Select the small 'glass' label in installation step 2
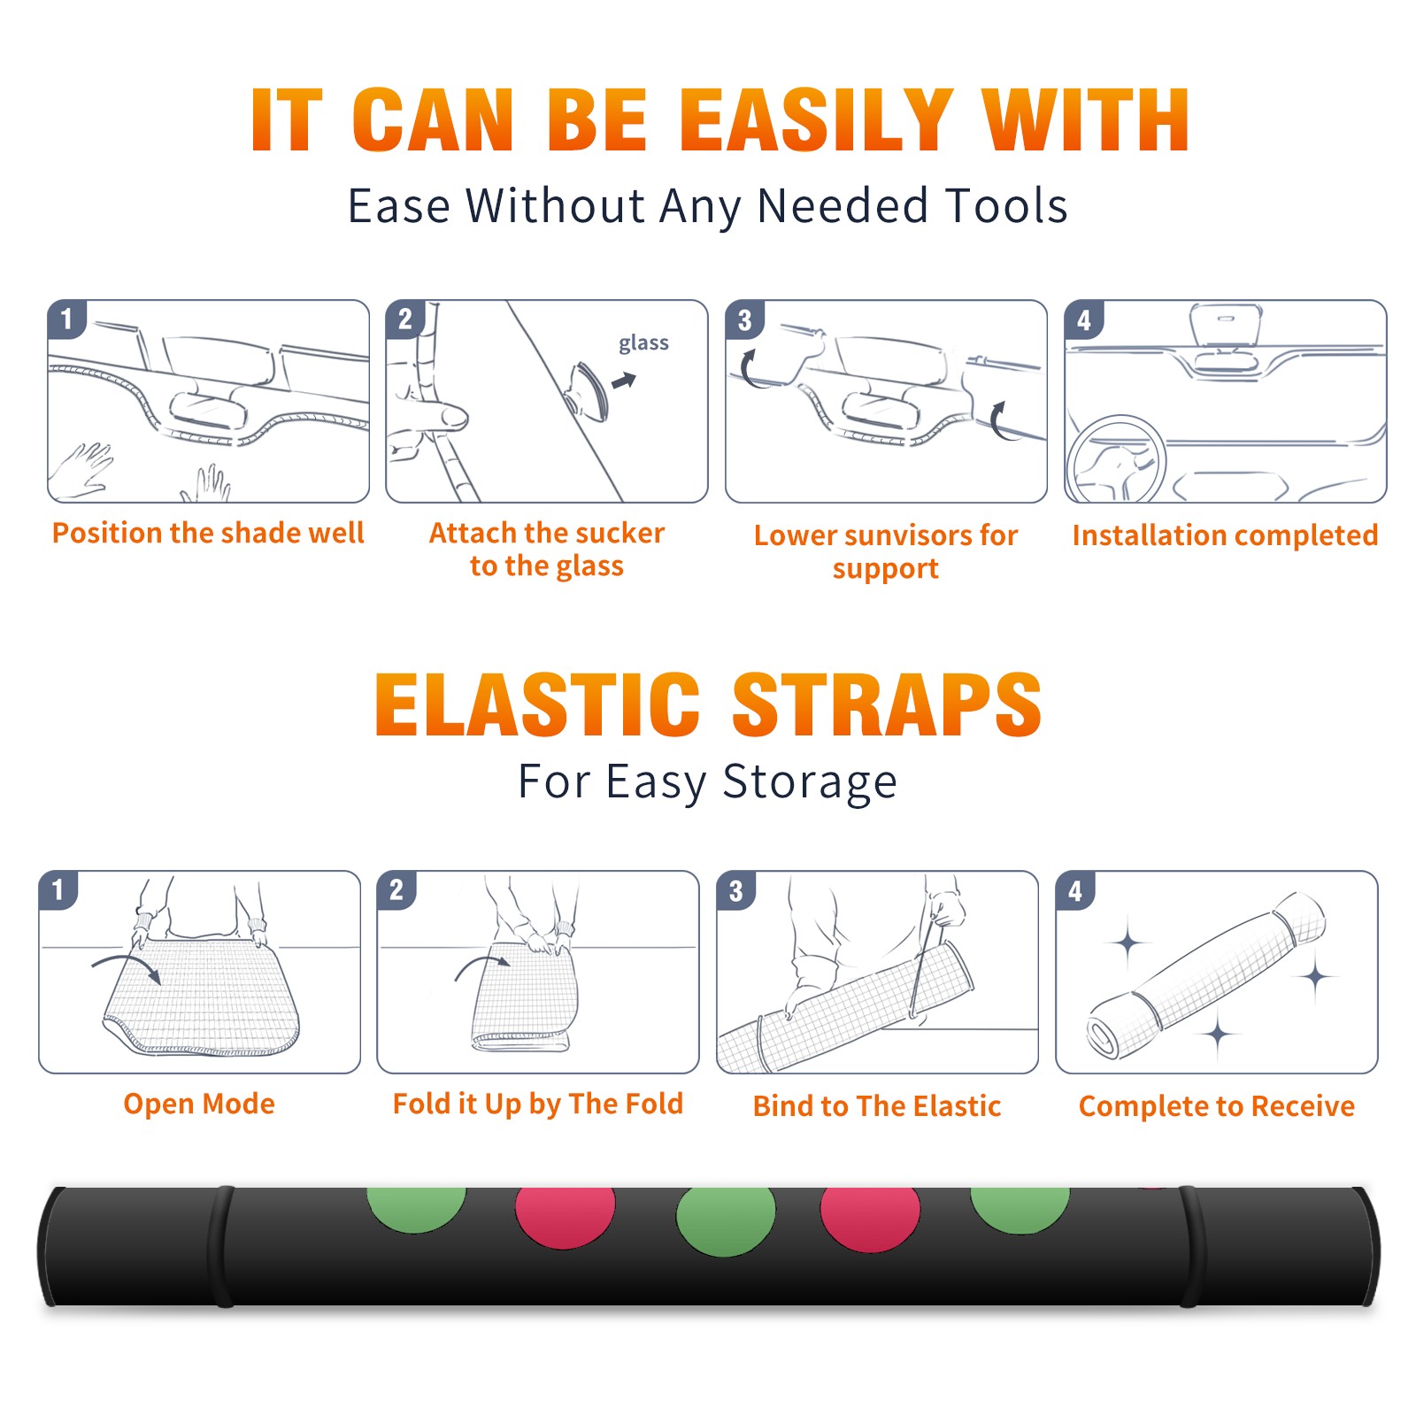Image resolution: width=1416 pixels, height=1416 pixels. pos(643,343)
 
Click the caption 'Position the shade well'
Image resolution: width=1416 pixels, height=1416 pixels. pos(208,533)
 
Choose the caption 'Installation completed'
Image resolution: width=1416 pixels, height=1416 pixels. pos(1225,535)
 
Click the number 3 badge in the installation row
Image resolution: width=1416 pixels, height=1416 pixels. pos(744,320)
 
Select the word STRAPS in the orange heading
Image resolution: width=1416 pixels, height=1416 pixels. pos(887,704)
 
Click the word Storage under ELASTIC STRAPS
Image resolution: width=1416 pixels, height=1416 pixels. pos(809,782)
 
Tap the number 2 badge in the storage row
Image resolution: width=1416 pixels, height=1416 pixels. pos(396,890)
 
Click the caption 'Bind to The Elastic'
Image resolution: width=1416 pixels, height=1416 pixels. pos(876,1105)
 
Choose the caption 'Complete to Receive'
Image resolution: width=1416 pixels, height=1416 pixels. pos(1216,1105)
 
